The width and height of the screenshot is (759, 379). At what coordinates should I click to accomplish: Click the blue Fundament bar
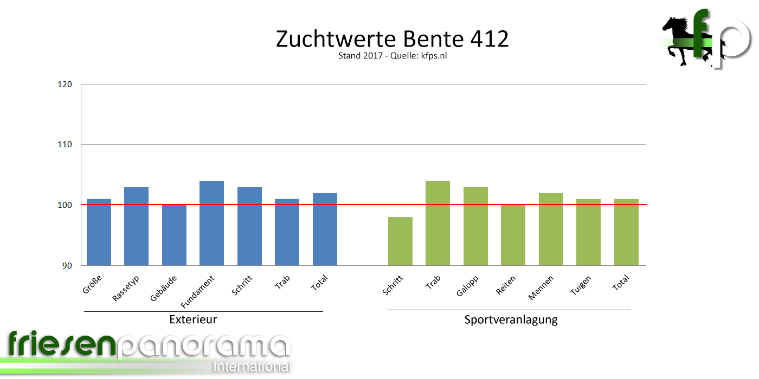point(211,223)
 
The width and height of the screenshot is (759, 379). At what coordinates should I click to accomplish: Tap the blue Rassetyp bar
point(136,226)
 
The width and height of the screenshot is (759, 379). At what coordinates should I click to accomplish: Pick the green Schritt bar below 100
point(400,241)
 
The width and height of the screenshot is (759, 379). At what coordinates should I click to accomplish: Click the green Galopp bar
point(475,226)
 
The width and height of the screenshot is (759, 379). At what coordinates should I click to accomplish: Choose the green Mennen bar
point(551,229)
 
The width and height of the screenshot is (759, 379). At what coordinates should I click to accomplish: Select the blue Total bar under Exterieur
point(325,229)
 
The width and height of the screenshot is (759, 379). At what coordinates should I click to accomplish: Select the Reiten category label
point(505,285)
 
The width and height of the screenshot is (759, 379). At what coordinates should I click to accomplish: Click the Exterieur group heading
point(193,319)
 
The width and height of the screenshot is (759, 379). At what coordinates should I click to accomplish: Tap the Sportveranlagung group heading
point(511,319)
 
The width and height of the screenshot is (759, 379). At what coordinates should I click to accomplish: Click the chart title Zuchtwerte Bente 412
point(392,39)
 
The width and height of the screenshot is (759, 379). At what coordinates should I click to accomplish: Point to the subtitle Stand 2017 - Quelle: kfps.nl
point(392,56)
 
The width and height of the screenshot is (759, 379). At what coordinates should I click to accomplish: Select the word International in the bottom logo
point(252,366)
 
